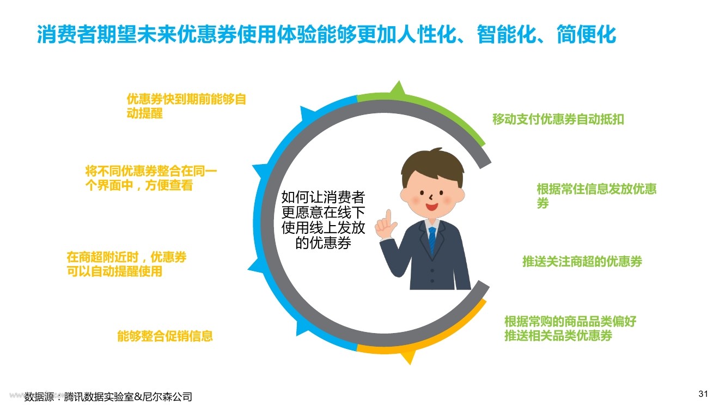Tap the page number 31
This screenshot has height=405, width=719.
click(x=703, y=394)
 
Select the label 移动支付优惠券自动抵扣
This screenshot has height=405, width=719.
click(x=558, y=119)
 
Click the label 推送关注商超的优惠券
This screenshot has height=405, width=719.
click(x=582, y=262)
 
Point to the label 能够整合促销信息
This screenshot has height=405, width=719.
click(x=165, y=336)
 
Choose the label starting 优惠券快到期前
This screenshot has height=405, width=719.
click(x=186, y=106)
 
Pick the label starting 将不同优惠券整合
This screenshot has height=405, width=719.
click(x=151, y=178)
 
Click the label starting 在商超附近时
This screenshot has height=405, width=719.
click(x=126, y=264)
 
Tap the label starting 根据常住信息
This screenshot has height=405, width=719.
click(x=596, y=196)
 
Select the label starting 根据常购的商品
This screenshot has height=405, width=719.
click(x=570, y=328)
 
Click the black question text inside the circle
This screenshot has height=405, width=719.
click(x=323, y=220)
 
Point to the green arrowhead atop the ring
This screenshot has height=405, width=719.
click(x=398, y=87)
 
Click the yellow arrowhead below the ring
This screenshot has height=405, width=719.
click(x=409, y=357)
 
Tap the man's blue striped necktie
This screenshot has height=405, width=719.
click(x=432, y=241)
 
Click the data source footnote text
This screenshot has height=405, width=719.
click(x=108, y=397)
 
